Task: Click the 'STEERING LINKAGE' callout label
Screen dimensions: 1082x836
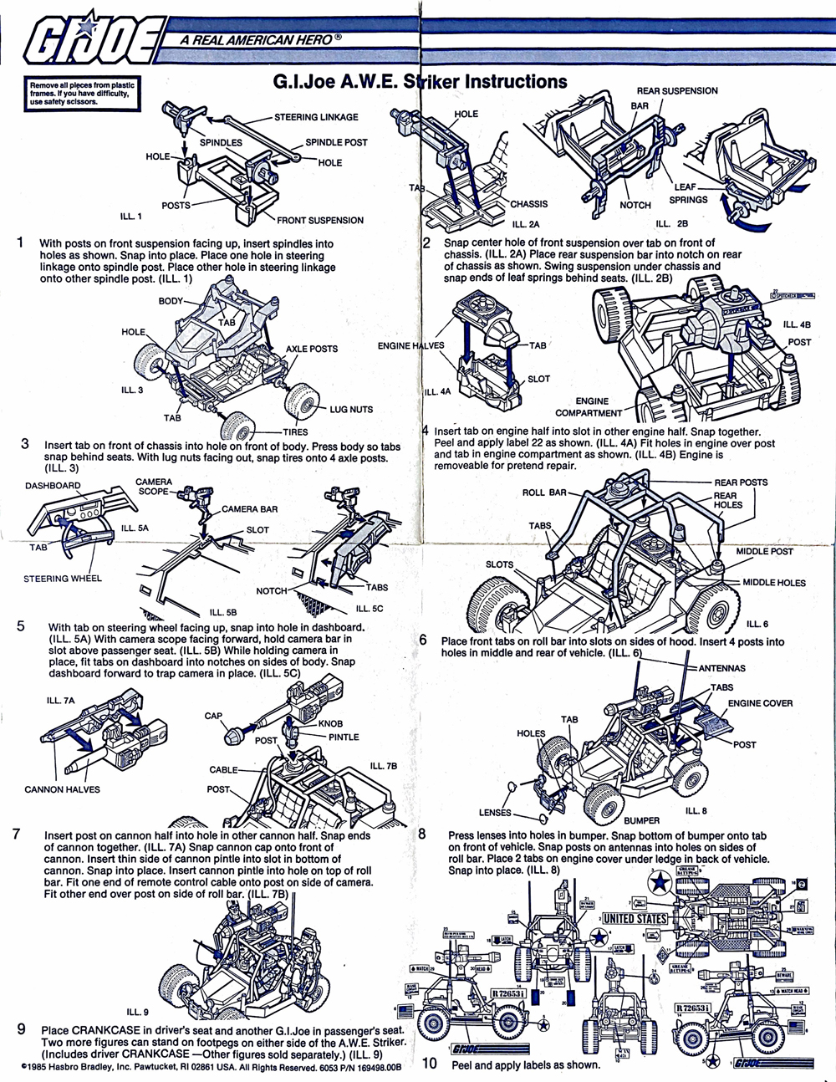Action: pyautogui.click(x=316, y=117)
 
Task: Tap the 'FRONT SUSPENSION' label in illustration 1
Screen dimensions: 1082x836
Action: pyautogui.click(x=320, y=220)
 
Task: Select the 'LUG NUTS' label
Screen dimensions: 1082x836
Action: pyautogui.click(x=351, y=409)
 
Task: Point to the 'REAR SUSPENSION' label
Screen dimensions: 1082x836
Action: pyautogui.click(x=677, y=90)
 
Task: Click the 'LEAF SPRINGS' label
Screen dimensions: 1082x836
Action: pyautogui.click(x=688, y=193)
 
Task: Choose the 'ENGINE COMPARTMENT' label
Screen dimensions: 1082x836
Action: pyautogui.click(x=589, y=407)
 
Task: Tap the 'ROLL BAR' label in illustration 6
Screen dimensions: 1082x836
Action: pyautogui.click(x=544, y=493)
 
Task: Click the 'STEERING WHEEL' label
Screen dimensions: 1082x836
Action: pyautogui.click(x=63, y=578)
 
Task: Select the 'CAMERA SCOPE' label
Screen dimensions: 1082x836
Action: pyautogui.click(x=154, y=487)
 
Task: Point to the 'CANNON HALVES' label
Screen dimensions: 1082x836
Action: pyautogui.click(x=62, y=789)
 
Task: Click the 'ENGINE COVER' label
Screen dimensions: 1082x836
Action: pyautogui.click(x=760, y=703)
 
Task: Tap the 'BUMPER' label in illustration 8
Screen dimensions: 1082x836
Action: pyautogui.click(x=641, y=820)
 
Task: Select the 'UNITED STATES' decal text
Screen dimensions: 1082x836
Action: pyautogui.click(x=635, y=918)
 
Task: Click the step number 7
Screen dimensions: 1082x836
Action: pyautogui.click(x=17, y=834)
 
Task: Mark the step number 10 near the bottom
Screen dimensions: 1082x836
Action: pyautogui.click(x=430, y=1064)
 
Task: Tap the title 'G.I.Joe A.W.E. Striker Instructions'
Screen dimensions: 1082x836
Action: pyautogui.click(x=421, y=82)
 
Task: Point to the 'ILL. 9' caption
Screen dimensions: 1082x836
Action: pyautogui.click(x=137, y=1013)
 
